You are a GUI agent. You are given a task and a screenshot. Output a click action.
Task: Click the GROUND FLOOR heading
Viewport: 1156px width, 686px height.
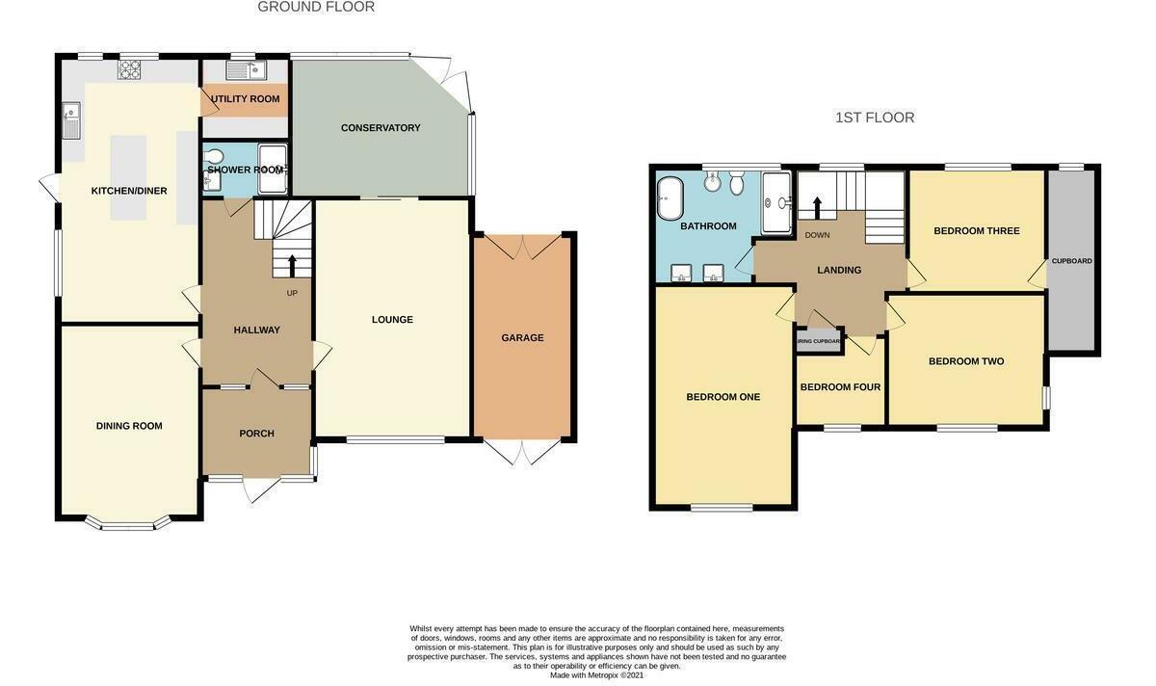(316, 8)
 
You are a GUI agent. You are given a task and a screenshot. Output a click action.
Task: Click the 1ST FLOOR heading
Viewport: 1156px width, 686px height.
(874, 118)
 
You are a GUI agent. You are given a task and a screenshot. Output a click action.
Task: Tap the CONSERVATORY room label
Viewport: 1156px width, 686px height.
(381, 128)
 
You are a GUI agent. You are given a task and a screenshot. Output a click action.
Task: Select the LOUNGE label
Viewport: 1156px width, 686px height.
(392, 320)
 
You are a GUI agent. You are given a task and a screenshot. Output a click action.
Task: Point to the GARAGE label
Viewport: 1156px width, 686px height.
(522, 338)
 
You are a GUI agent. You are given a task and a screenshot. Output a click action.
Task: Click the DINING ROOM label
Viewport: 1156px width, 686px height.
(129, 426)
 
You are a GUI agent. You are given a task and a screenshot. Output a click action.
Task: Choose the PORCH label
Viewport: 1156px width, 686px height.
(256, 434)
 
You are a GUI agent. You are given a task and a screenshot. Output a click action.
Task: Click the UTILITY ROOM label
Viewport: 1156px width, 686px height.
(246, 99)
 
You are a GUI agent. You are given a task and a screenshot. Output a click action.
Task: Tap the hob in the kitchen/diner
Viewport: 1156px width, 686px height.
(129, 70)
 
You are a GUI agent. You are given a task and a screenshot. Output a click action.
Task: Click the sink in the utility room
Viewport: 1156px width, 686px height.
(245, 70)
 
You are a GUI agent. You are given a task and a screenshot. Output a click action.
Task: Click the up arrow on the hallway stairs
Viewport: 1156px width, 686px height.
(292, 264)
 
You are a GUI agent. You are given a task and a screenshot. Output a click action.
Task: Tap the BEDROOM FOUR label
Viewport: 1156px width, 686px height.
(840, 387)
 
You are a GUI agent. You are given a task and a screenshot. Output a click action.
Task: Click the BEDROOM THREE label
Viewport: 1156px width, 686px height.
(976, 231)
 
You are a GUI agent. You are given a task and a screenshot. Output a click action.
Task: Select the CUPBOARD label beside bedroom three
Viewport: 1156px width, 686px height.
(1071, 261)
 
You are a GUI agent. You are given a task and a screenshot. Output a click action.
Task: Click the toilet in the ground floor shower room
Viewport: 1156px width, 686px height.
(214, 157)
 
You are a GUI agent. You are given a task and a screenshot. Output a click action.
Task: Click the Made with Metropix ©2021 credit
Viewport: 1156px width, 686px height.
(596, 675)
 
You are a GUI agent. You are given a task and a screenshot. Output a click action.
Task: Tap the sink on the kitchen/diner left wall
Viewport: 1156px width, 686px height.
(71, 120)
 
